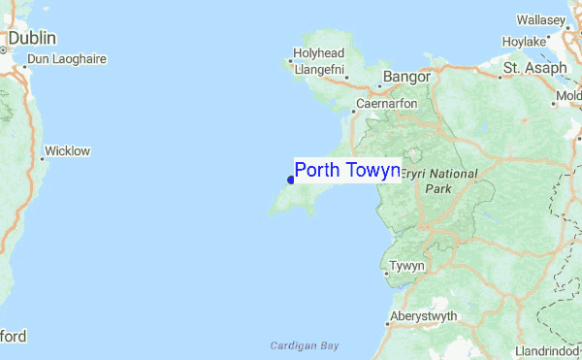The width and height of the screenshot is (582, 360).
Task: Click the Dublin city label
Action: coord(32,38)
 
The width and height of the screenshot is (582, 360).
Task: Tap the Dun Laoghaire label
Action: coord(67,59)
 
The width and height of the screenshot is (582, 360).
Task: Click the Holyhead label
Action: coord(320,53)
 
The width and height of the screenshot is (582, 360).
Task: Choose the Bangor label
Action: coord(405,77)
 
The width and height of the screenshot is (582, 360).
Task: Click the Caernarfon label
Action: coord(387,103)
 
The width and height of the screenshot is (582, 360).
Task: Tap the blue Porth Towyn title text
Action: coord(346,171)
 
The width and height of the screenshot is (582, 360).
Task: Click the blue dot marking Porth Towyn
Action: coord(290,180)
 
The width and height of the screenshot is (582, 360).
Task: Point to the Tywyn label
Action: coord(406,266)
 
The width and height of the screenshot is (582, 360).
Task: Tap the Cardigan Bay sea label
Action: coord(304,344)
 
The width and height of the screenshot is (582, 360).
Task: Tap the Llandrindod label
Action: coord(550,349)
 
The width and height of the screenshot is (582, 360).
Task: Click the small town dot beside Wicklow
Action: coord(43,151)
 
